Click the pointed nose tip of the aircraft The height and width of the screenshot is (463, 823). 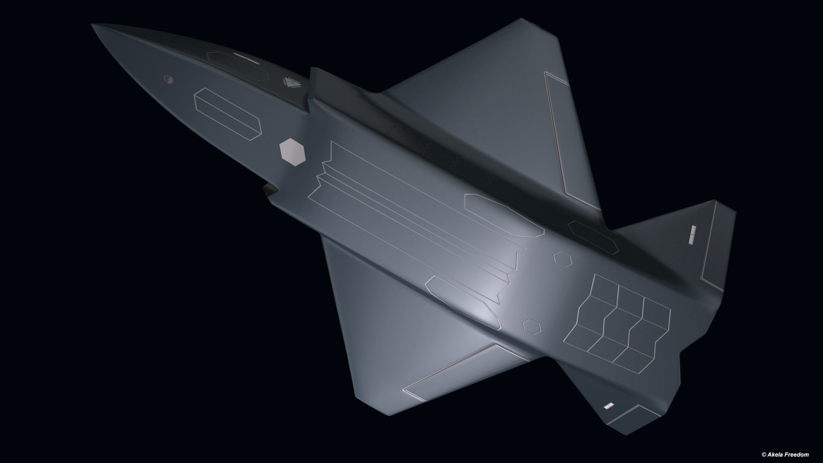(x=93, y=25)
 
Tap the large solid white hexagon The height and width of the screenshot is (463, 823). (x=293, y=152)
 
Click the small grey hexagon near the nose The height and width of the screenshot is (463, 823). (x=168, y=79)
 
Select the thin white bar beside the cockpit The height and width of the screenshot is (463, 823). (x=246, y=58)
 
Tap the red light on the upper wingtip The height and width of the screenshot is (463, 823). (x=537, y=24)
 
